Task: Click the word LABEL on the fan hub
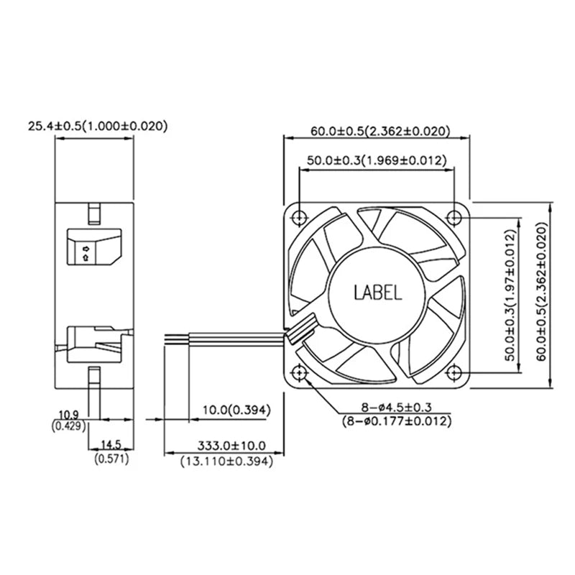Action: tap(378, 293)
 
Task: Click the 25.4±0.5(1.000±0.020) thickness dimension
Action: tap(97, 126)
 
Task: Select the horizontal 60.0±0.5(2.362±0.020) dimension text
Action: tap(380, 131)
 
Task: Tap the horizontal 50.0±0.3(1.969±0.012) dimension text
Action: tap(377, 160)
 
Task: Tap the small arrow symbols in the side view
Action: tap(86, 252)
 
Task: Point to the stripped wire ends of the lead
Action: tap(175, 339)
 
